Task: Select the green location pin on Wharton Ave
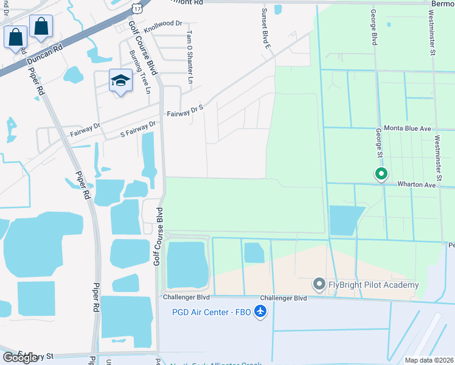click(381, 174)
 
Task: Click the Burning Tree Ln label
click(140, 71)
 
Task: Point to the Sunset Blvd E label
click(266, 29)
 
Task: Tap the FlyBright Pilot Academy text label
click(375, 285)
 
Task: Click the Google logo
click(20, 358)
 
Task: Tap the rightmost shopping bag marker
click(41, 27)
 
